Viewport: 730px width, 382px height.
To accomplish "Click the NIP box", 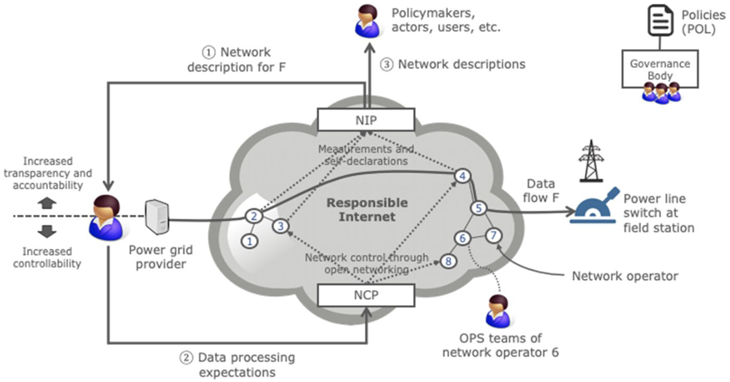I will pyautogui.click(x=366, y=120).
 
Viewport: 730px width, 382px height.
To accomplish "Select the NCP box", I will pyautogui.click(x=366, y=295).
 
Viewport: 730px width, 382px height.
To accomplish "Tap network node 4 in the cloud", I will pyautogui.click(x=463, y=176).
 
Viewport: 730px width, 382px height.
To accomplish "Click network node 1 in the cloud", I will pyautogui.click(x=251, y=240).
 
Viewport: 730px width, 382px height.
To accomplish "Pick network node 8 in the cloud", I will pyautogui.click(x=449, y=261).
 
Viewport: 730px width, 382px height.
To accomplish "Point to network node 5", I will pyautogui.click(x=478, y=208).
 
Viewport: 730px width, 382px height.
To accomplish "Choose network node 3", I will pyautogui.click(x=281, y=226).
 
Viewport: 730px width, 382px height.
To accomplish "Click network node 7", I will pyautogui.click(x=494, y=236).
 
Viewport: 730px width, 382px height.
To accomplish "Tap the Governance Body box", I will pyautogui.click(x=659, y=71).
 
